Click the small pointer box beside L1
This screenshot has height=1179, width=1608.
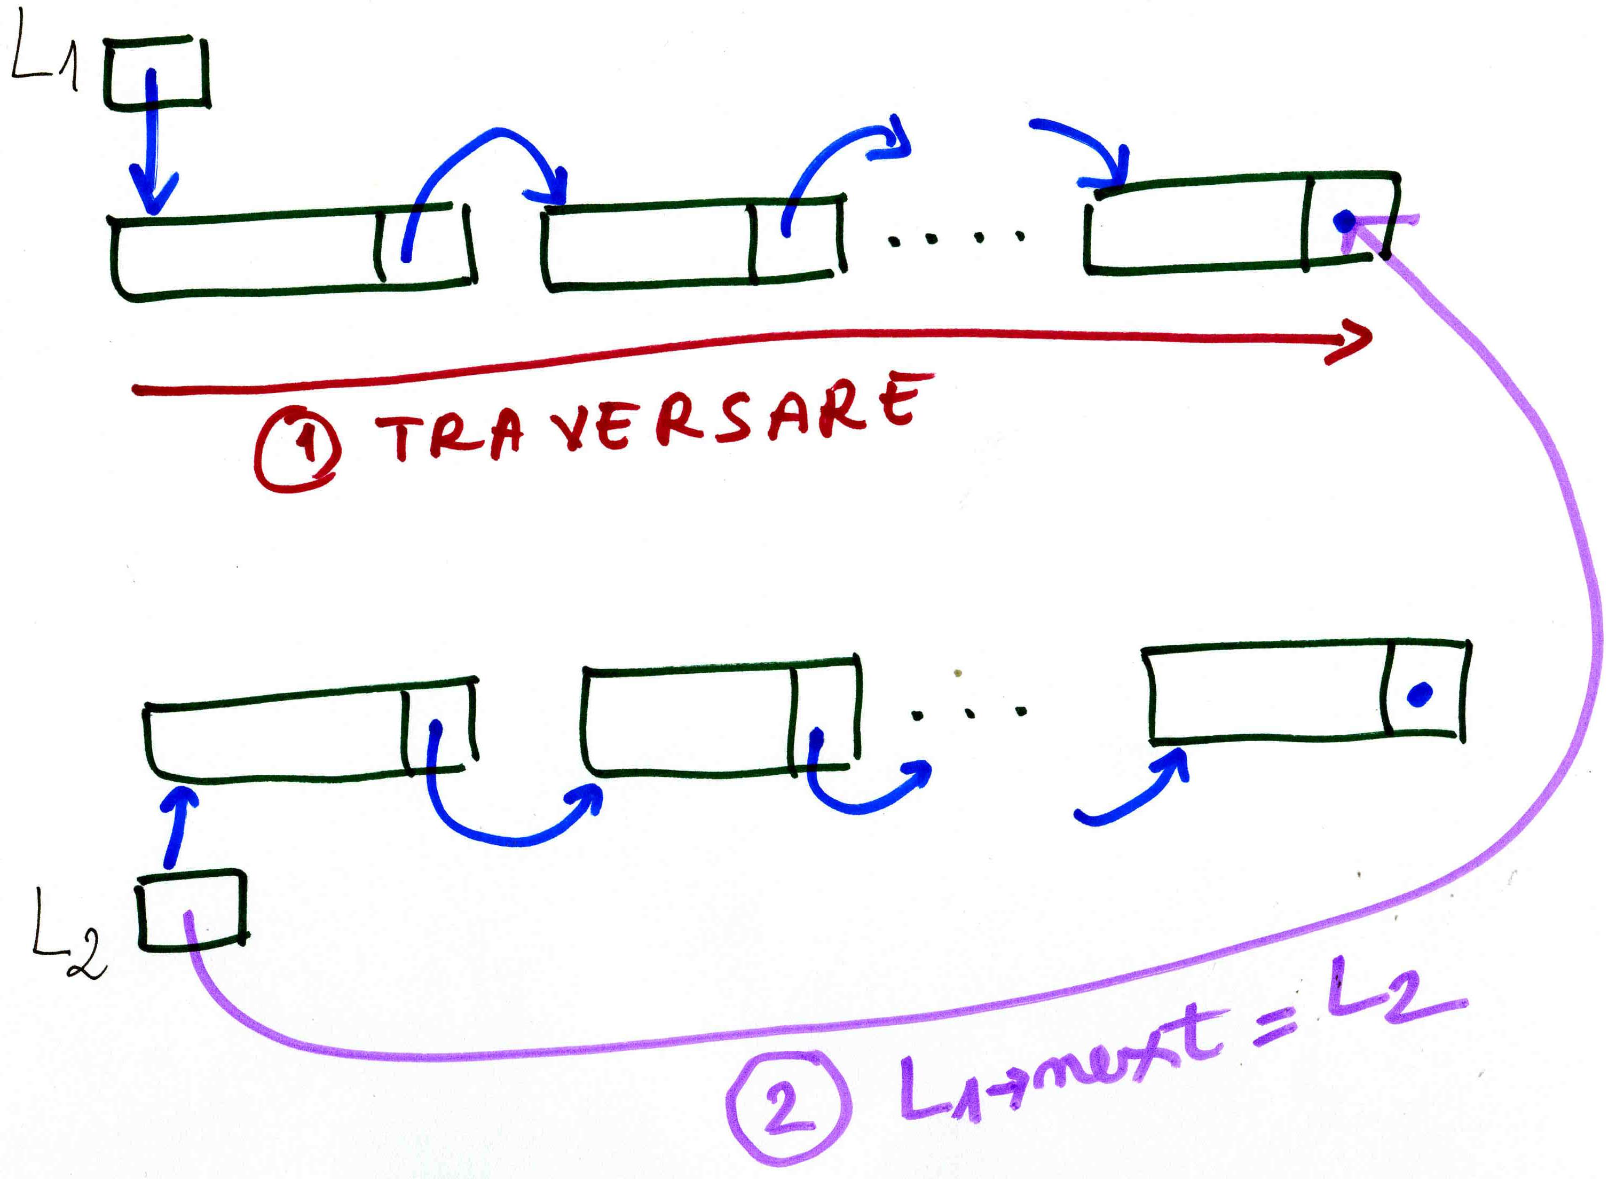point(157,74)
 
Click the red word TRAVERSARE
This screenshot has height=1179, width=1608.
point(653,418)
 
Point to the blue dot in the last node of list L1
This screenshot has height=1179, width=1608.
point(1344,221)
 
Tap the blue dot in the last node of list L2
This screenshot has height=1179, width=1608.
point(1420,693)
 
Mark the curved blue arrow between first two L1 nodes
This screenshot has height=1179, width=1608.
point(485,164)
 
